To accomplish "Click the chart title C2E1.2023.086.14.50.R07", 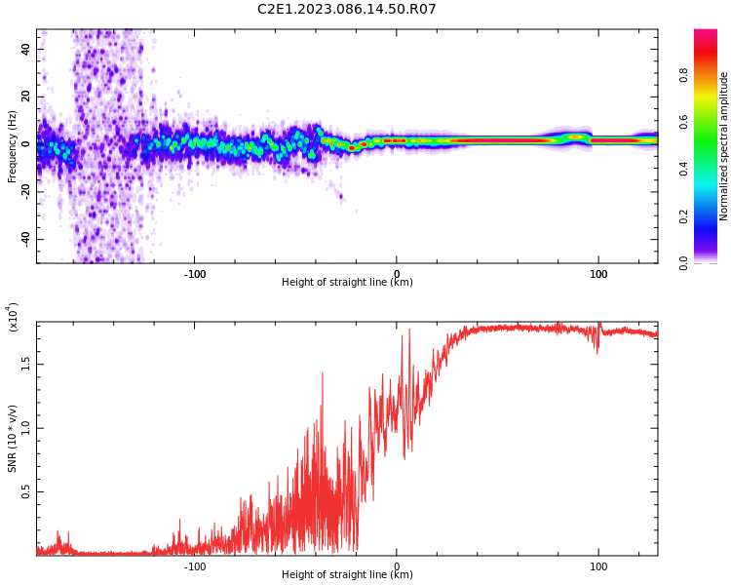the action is pyautogui.click(x=346, y=9).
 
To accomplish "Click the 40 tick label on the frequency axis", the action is pyautogui.click(x=25, y=49).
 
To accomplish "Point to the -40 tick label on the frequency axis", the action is pyautogui.click(x=25, y=239).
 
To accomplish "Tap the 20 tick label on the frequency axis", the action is pyautogui.click(x=25, y=97).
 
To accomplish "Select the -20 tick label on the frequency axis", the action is pyautogui.click(x=25, y=191).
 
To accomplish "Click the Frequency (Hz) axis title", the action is pyautogui.click(x=12, y=146).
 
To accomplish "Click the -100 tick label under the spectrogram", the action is pyautogui.click(x=194, y=274).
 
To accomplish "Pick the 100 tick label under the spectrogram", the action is pyautogui.click(x=598, y=274).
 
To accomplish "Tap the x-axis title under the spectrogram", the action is pyautogui.click(x=347, y=282).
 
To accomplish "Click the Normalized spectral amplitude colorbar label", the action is pyautogui.click(x=723, y=146).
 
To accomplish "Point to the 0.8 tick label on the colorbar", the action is pyautogui.click(x=683, y=75).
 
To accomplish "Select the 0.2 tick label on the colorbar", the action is pyautogui.click(x=683, y=216).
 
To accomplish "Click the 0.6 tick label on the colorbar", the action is pyautogui.click(x=683, y=122).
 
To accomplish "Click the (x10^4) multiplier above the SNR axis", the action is pyautogui.click(x=13, y=317).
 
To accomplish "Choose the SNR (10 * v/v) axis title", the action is pyautogui.click(x=12, y=439).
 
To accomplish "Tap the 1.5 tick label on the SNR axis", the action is pyautogui.click(x=25, y=364).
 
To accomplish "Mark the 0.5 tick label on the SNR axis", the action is pyautogui.click(x=25, y=491).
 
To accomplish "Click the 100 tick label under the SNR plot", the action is pyautogui.click(x=598, y=566).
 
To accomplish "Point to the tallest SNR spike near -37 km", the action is pyautogui.click(x=323, y=373).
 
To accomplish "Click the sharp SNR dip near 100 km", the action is pyautogui.click(x=597, y=353).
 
